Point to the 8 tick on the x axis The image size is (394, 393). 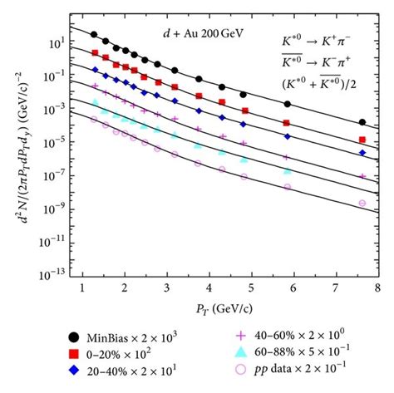pos(378,287)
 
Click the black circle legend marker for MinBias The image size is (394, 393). pos(75,337)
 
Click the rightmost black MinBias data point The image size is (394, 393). pos(362,123)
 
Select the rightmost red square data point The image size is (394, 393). pos(362,140)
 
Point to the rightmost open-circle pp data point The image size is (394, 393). pos(362,203)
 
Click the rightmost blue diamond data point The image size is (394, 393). pos(362,153)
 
